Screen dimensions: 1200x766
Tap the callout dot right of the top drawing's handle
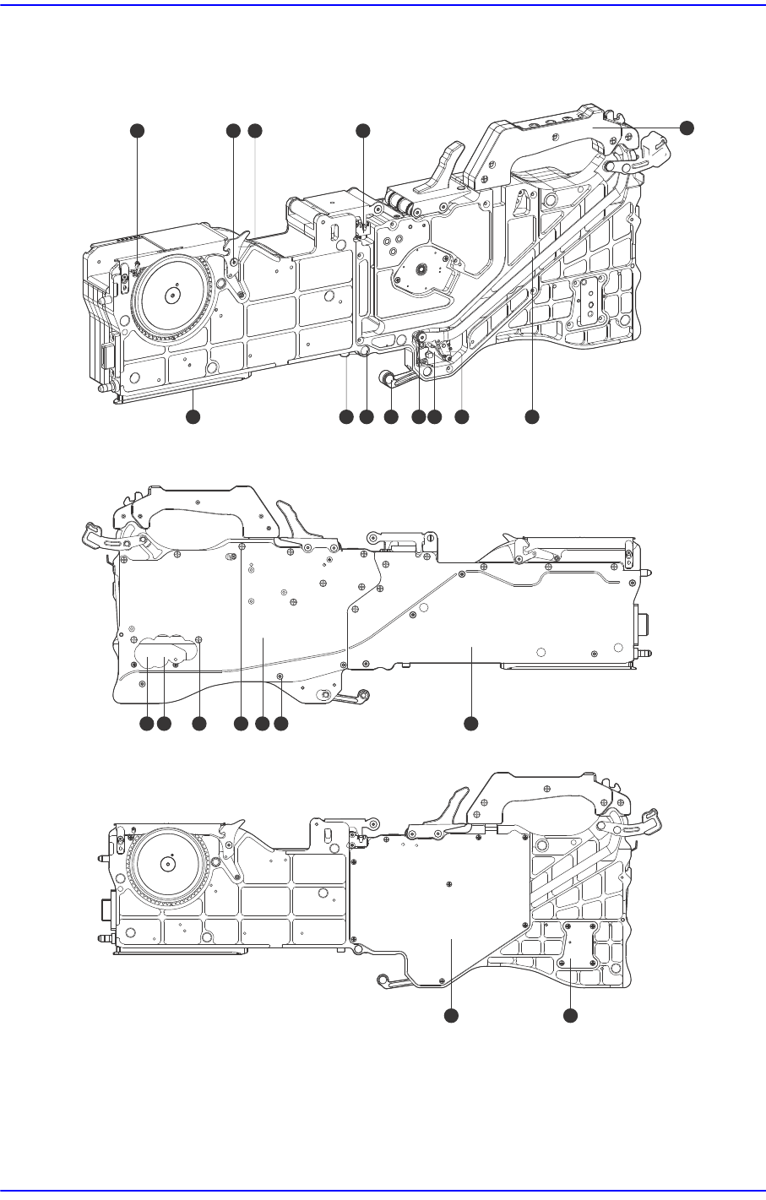687,127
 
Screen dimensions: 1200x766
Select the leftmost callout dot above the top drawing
137,130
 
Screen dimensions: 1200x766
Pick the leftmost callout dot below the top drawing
193,416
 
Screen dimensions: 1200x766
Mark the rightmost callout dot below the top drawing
531,416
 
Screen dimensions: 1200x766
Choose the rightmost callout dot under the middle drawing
471,724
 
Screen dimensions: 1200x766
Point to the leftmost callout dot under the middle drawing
145,724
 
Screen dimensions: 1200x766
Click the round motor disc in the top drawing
420,269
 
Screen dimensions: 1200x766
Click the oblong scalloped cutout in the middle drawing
163,651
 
